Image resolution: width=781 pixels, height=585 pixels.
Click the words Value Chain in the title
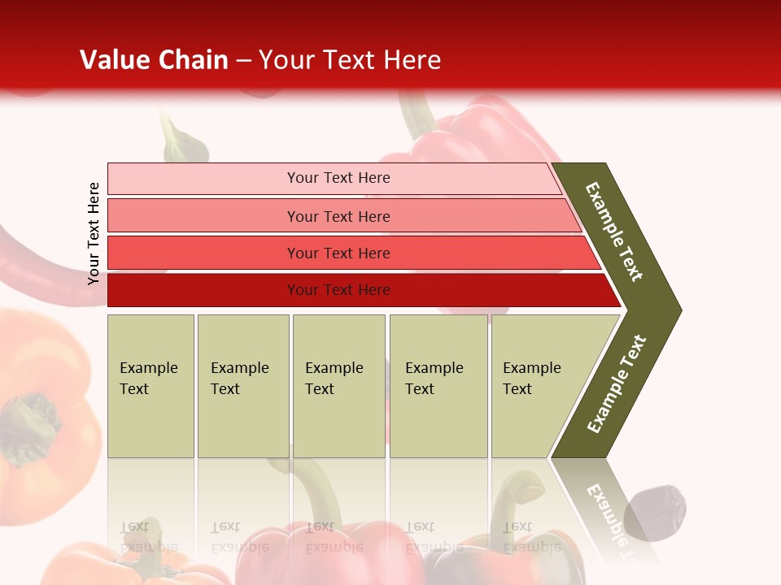point(154,60)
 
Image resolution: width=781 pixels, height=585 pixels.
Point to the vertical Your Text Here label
point(94,234)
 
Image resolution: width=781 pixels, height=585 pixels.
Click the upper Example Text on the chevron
point(614,232)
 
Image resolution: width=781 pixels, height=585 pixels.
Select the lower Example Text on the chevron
point(616,384)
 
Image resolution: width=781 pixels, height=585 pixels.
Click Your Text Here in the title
point(350,60)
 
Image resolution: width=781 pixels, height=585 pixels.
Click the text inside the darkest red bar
point(338,290)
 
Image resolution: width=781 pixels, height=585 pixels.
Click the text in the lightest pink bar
point(338,178)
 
